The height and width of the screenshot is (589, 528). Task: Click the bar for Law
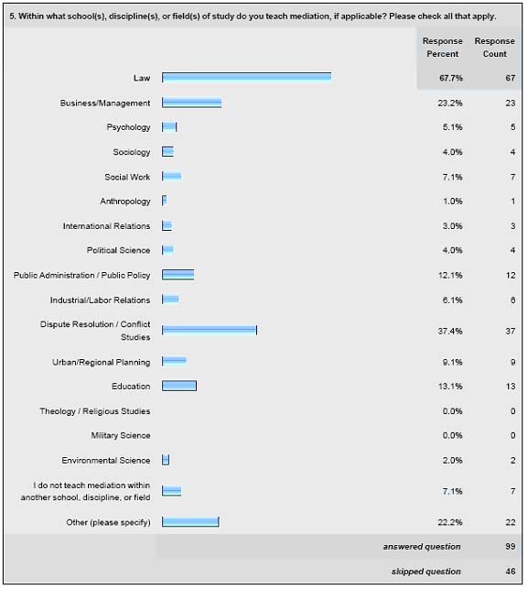tap(246, 77)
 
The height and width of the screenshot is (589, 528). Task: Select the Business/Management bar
tap(192, 103)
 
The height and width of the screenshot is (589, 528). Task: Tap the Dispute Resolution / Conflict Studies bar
tap(210, 330)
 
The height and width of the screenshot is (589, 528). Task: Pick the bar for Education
tap(179, 386)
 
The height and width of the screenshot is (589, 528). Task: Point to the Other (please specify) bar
tap(190, 522)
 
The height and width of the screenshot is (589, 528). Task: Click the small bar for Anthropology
tap(164, 201)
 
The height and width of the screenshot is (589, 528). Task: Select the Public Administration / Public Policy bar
tap(178, 275)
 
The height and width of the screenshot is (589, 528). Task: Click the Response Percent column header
tap(442, 48)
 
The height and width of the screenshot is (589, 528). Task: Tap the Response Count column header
tap(495, 48)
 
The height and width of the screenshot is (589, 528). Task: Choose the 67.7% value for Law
tap(451, 78)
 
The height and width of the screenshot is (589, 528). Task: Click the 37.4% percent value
tap(450, 331)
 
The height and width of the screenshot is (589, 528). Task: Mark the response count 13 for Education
tap(511, 387)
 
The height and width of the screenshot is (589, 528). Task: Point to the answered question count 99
tap(511, 546)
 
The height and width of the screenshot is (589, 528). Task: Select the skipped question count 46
tap(511, 571)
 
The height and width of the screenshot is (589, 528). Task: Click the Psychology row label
tap(128, 127)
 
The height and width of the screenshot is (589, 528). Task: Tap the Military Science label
tap(121, 435)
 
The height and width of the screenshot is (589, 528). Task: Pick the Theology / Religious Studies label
tap(95, 411)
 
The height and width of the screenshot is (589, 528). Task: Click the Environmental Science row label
tap(106, 460)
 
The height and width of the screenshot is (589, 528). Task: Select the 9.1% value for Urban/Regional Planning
tap(452, 362)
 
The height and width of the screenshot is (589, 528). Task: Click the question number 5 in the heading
tap(12, 16)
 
